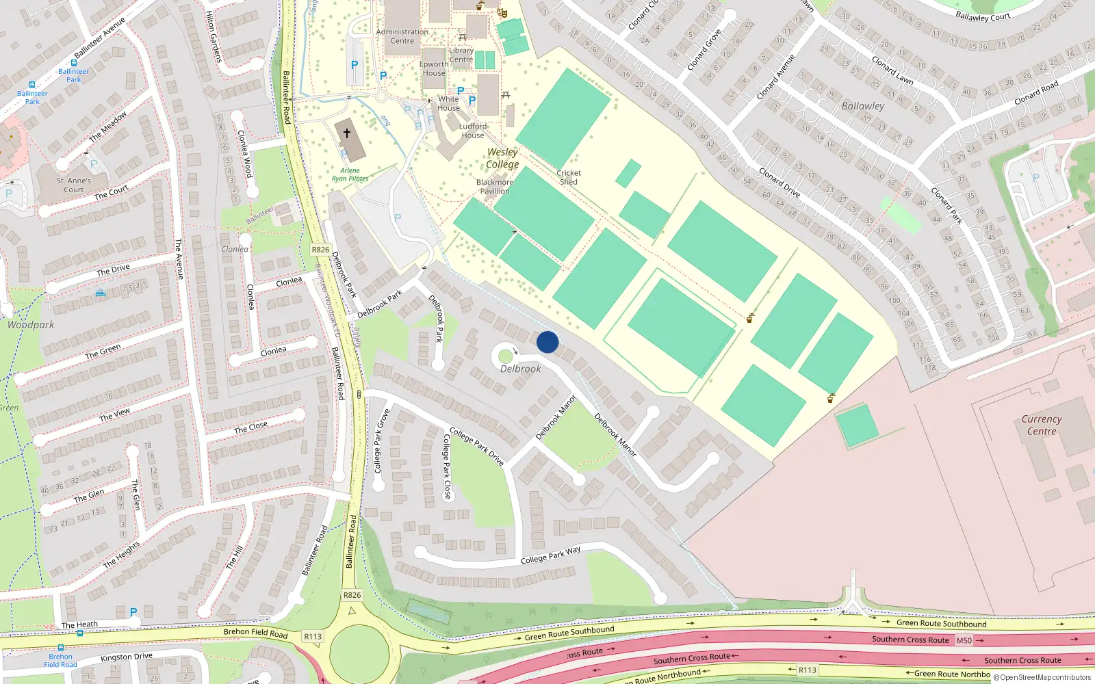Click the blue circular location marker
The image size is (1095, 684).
[x=547, y=342]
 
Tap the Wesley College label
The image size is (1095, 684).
[x=502, y=158]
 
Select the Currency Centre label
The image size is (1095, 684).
[x=1041, y=425]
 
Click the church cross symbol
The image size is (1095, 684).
[x=347, y=133]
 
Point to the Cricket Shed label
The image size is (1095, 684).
[x=569, y=177]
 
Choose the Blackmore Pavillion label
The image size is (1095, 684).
[x=495, y=187]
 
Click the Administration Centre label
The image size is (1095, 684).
[x=402, y=36]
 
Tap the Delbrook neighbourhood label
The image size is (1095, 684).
[x=520, y=369]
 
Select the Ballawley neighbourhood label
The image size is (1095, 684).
[x=862, y=106]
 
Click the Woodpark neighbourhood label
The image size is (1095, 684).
[x=31, y=325]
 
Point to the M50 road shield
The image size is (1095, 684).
[x=964, y=640]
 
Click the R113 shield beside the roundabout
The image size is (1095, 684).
[x=313, y=636]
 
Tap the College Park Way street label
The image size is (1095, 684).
[x=550, y=555]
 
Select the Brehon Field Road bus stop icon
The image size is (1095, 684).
[x=60, y=647]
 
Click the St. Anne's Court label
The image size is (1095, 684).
[x=74, y=185]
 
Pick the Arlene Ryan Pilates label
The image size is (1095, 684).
[x=350, y=174]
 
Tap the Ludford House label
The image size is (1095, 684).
[x=473, y=131]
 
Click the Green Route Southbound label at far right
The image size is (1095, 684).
[x=941, y=623]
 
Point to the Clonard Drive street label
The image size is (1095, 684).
[x=779, y=183]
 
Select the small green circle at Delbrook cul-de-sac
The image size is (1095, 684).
[x=505, y=356]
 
